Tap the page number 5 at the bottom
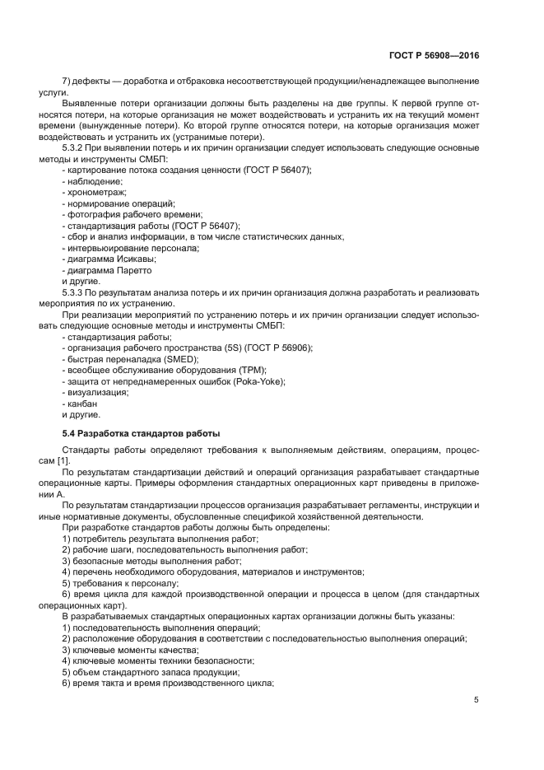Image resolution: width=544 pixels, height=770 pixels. click(477, 700)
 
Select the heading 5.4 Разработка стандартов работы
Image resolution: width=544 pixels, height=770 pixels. click(142, 433)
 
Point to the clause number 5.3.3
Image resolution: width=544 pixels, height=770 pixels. click(77, 292)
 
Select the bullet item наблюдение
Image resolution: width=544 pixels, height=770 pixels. click(93, 180)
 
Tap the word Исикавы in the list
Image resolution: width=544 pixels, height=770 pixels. click(134, 259)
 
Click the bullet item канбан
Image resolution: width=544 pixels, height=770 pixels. click(82, 404)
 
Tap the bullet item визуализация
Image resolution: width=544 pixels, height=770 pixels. click(97, 393)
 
